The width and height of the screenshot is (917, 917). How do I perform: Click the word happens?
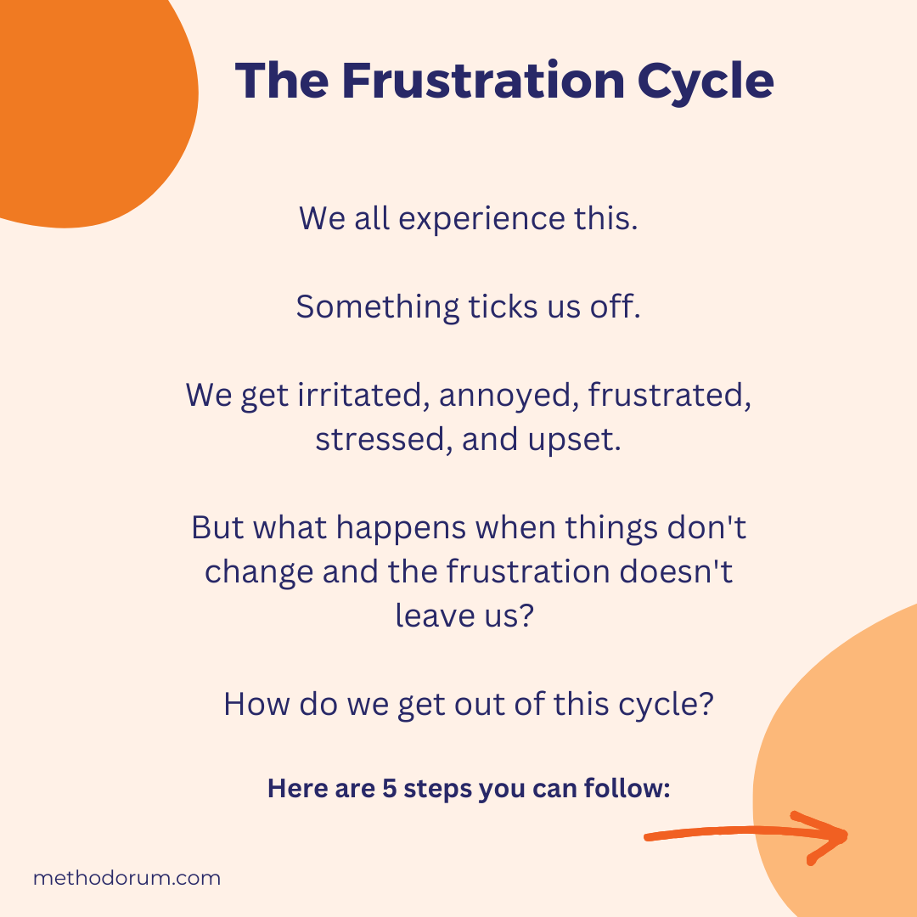(x=402, y=528)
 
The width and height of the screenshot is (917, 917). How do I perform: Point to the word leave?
(x=430, y=616)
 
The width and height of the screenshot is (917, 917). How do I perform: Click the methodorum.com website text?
(x=127, y=878)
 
